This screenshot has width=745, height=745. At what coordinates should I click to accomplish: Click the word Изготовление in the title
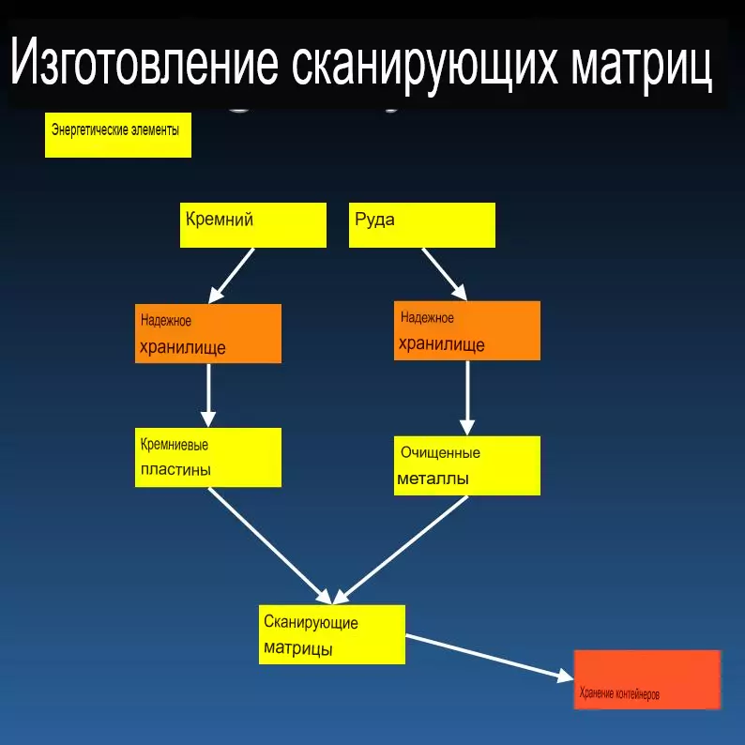pyautogui.click(x=144, y=62)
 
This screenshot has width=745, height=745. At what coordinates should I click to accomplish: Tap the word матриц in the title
pyautogui.click(x=642, y=65)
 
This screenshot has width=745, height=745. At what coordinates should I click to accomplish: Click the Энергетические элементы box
pyautogui.click(x=118, y=135)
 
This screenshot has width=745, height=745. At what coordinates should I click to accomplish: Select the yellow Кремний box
pyautogui.click(x=253, y=225)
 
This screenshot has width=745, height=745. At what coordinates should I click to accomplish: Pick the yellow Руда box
pyautogui.click(x=422, y=225)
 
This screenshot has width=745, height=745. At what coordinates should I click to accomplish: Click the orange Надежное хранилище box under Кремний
pyautogui.click(x=208, y=333)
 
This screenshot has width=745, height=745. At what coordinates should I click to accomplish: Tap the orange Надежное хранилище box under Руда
pyautogui.click(x=467, y=330)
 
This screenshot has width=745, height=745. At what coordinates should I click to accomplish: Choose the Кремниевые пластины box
pyautogui.click(x=208, y=458)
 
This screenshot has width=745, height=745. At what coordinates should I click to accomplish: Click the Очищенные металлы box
pyautogui.click(x=467, y=465)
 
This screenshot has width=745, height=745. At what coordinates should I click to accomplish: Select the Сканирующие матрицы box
pyautogui.click(x=332, y=635)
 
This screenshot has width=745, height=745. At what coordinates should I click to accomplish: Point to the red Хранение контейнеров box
pyautogui.click(x=647, y=680)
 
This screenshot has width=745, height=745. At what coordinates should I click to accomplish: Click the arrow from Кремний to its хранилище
pyautogui.click(x=231, y=276)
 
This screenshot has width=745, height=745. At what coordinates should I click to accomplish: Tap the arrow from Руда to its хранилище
pyautogui.click(x=445, y=274)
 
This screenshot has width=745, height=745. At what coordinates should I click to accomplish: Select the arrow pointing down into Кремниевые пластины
pyautogui.click(x=208, y=395)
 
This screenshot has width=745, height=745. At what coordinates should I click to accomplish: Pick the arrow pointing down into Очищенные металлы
pyautogui.click(x=467, y=398)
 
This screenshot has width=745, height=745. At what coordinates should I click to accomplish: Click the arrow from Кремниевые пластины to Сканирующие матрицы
pyautogui.click(x=270, y=546)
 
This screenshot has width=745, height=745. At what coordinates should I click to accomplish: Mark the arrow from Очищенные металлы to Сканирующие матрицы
pyautogui.click(x=400, y=550)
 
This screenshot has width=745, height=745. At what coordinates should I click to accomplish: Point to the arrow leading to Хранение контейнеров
pyautogui.click(x=490, y=658)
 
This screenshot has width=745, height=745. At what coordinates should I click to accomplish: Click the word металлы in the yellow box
pyautogui.click(x=433, y=479)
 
